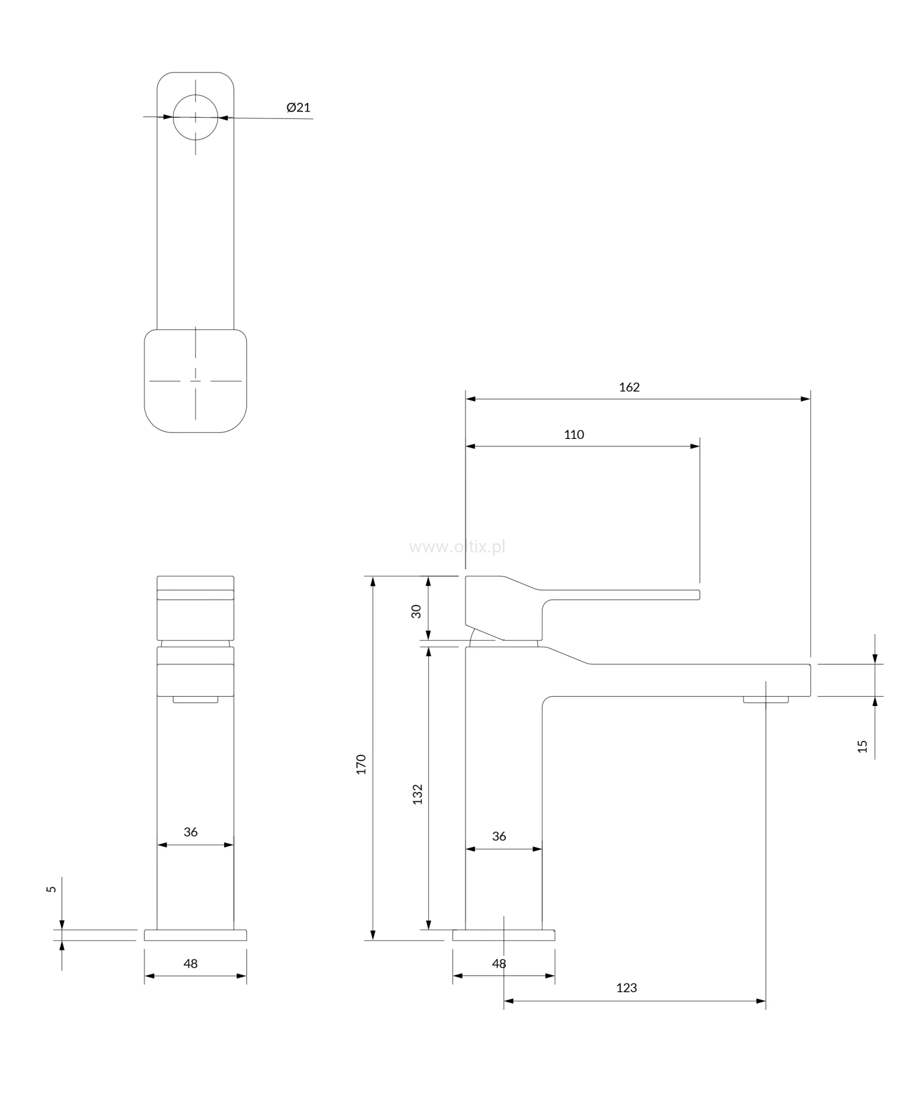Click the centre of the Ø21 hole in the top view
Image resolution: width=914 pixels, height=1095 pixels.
(196, 116)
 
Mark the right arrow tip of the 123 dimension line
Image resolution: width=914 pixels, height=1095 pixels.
(765, 1000)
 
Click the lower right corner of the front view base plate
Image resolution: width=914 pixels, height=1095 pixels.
(247, 940)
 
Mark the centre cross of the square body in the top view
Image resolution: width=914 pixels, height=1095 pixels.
(196, 381)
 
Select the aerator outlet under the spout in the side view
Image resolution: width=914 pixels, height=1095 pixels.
(765, 699)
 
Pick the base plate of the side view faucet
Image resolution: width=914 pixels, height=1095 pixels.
(503, 935)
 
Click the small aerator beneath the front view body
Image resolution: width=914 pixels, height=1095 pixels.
(196, 699)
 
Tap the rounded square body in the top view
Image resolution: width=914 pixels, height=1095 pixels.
(196, 381)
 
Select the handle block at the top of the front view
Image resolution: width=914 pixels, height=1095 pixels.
(196, 608)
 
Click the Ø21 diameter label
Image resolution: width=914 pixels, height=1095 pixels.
(299, 107)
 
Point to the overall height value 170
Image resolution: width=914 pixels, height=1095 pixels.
(361, 764)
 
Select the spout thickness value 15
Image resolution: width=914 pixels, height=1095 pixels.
(862, 746)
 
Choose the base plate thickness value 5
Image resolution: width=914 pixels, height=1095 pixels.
(52, 890)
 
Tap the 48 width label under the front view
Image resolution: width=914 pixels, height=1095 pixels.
(191, 963)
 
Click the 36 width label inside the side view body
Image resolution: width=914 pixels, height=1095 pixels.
(499, 836)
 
